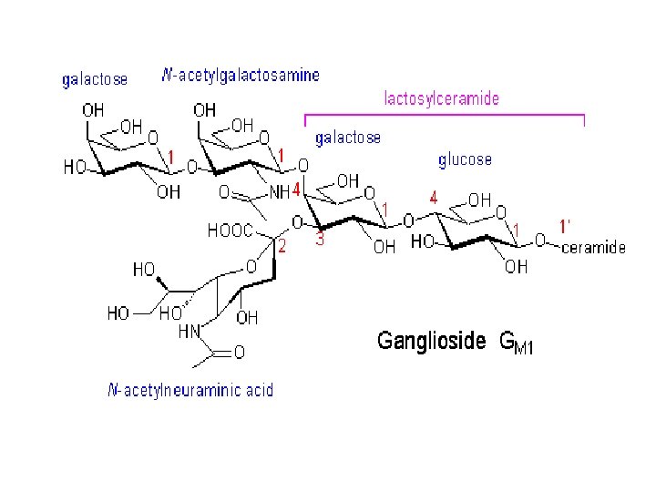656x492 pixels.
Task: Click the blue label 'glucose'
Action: pos(465,160)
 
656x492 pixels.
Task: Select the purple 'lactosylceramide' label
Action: pos(442,99)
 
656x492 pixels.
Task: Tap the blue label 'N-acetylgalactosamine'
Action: pos(241,76)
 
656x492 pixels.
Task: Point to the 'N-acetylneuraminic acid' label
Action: pos(190,391)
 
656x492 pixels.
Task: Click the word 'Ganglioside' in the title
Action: pos(431,342)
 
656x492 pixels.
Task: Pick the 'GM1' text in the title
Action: pos(517,343)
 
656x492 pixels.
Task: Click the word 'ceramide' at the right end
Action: pos(593,248)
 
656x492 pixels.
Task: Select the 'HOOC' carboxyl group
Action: pos(231,231)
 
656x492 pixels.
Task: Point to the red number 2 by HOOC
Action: pos(282,247)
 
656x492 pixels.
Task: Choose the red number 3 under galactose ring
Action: pos(320,241)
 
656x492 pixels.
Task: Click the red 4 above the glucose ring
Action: pos(434,197)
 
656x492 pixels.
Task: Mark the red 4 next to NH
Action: pos(296,192)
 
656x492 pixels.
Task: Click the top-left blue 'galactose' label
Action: pos(95,79)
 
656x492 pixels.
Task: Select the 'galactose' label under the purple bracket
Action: pos(348,138)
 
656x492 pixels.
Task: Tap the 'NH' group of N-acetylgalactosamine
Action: pos(278,192)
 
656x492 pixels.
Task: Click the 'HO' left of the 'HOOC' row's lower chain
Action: pos(143,270)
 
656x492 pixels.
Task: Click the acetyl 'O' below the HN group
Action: pos(239,352)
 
